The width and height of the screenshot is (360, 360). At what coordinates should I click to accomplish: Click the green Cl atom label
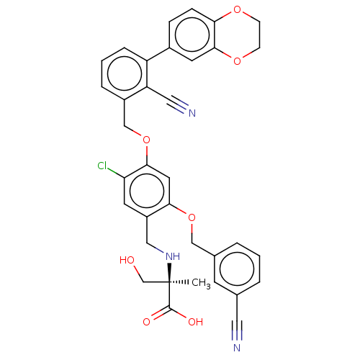point(102,166)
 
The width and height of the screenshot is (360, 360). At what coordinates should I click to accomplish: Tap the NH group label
point(173,256)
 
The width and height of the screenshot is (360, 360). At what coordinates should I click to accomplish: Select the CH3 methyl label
point(201,283)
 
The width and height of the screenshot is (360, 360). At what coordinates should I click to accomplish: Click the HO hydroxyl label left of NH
point(127,260)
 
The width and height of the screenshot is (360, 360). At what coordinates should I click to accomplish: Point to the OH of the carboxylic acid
point(196,322)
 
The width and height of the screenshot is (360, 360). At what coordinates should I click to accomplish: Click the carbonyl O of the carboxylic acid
point(146,322)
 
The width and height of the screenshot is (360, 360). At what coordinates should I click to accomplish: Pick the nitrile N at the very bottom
point(237,348)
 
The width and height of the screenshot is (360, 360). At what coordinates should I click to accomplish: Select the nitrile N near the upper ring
point(192,113)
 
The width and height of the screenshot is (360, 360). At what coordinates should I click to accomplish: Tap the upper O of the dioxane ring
point(237,9)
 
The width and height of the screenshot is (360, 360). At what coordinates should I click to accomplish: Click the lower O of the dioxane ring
point(237,61)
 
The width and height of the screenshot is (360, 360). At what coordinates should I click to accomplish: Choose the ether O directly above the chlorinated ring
point(146,140)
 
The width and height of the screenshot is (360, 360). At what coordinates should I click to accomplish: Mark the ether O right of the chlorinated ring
point(192,217)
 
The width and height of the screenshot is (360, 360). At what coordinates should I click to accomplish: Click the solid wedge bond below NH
point(169,272)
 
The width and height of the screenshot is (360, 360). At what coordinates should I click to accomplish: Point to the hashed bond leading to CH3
point(179,282)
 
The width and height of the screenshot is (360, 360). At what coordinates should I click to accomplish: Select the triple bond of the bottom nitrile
point(237,330)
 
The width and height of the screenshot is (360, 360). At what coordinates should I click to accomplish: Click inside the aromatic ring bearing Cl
point(147,192)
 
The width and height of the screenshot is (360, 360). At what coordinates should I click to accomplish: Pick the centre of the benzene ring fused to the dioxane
point(192,35)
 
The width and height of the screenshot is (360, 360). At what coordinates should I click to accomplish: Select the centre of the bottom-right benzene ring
point(237,269)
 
